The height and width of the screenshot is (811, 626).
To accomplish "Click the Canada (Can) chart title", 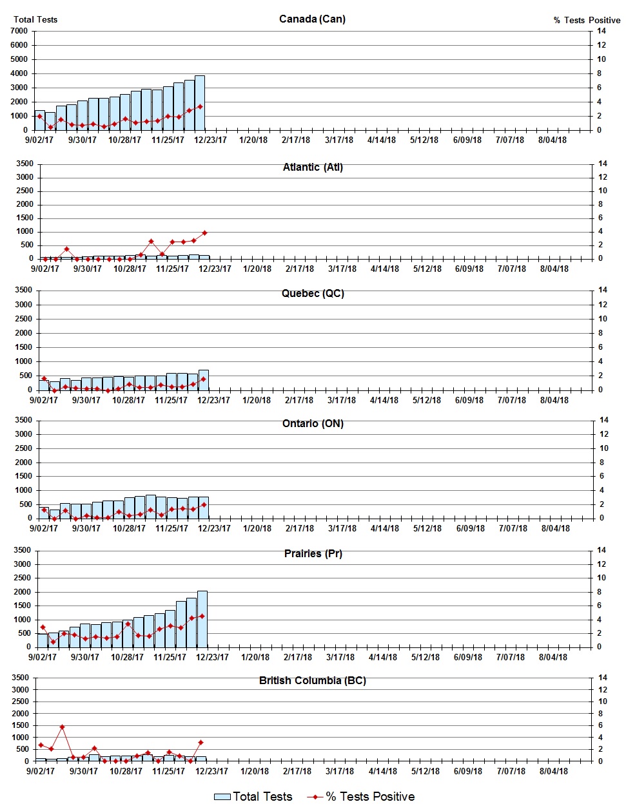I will (x=312, y=19).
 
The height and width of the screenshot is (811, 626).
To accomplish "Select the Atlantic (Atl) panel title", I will (x=313, y=167).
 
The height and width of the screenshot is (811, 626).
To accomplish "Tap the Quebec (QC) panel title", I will (x=313, y=293).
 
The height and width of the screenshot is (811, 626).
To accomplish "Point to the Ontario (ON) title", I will (x=313, y=423).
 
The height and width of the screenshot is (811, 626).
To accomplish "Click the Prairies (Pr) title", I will (x=313, y=553).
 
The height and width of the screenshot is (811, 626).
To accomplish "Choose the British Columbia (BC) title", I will (x=313, y=680).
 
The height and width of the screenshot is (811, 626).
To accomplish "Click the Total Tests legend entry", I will (x=253, y=797).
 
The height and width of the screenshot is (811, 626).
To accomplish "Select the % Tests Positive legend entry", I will (x=361, y=797).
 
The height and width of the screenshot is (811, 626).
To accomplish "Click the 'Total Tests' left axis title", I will (x=35, y=19).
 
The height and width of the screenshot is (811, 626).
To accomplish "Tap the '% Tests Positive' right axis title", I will (x=587, y=20).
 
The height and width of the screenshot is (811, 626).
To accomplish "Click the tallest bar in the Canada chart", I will (x=200, y=103).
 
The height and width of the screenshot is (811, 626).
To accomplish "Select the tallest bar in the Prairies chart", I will (x=202, y=618).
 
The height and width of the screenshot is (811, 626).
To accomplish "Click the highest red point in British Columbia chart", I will (x=62, y=727).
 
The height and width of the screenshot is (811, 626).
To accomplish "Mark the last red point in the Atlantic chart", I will (x=204, y=233).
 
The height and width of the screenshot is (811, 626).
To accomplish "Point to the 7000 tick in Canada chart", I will (x=19, y=31).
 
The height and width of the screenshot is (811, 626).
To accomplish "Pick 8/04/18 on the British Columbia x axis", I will (x=553, y=771).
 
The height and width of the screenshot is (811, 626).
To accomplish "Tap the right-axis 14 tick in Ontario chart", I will (x=604, y=420).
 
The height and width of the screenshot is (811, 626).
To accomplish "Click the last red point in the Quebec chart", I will (x=203, y=379).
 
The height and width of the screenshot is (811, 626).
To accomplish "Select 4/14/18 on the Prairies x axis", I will (x=383, y=657).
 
